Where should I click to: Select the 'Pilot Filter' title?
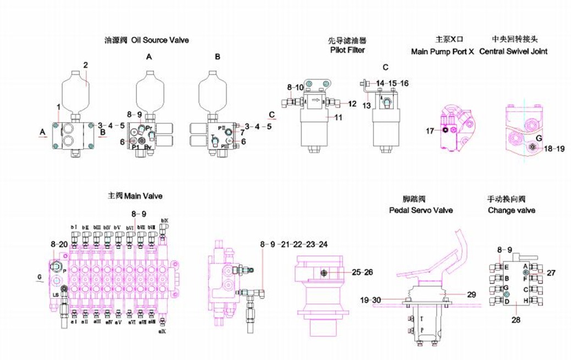pyautogui.click(x=347, y=50)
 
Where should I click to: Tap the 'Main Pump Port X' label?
pyautogui.click(x=442, y=52)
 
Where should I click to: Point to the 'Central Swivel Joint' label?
pyautogui.click(x=513, y=52)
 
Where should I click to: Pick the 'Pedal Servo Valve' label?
pyautogui.click(x=421, y=210)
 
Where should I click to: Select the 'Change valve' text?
pyautogui.click(x=511, y=210)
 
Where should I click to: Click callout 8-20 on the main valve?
pyautogui.click(x=59, y=243)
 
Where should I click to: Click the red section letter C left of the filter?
pyautogui.click(x=272, y=114)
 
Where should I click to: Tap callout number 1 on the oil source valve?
pyautogui.click(x=58, y=105)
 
